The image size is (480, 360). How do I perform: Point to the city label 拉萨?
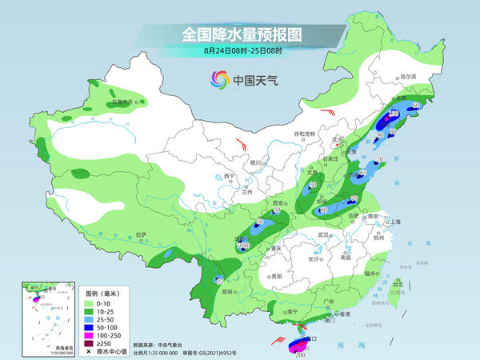pyautogui.click(x=142, y=234)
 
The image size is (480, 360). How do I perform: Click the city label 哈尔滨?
pyautogui.click(x=408, y=76)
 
